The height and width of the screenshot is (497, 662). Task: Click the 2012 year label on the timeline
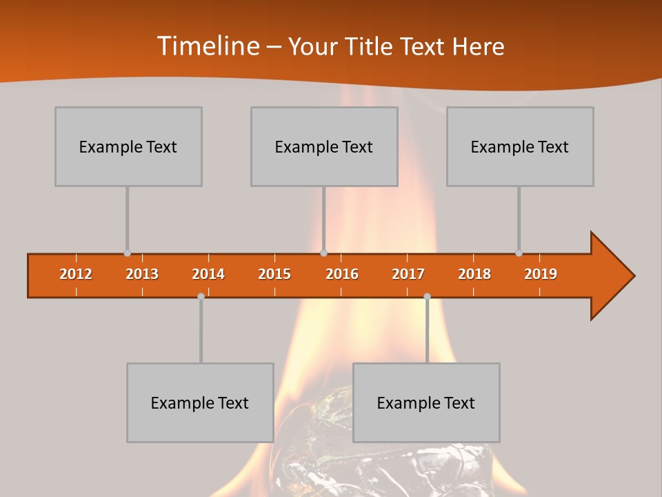click(x=76, y=274)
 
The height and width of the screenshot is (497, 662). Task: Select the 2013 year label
click(x=142, y=274)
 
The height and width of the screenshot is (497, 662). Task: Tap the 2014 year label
click(x=208, y=274)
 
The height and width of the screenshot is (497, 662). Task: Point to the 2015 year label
click(x=274, y=274)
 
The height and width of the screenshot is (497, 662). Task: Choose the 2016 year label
click(x=342, y=274)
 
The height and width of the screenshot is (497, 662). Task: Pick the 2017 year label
click(x=408, y=274)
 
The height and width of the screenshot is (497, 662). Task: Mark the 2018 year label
click(x=474, y=274)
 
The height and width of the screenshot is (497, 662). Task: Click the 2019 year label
click(x=541, y=274)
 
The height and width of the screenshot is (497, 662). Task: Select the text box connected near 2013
click(x=128, y=146)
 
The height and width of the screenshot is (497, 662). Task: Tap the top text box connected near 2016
click(x=324, y=146)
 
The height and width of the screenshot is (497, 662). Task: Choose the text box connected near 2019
click(x=520, y=146)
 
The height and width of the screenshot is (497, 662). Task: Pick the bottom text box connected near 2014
click(x=200, y=402)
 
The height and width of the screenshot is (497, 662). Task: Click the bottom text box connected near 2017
click(x=426, y=402)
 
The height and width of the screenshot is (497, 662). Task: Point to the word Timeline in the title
click(x=208, y=46)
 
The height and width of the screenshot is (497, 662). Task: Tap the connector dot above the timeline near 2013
click(x=127, y=253)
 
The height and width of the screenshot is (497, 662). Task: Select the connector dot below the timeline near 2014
click(x=201, y=296)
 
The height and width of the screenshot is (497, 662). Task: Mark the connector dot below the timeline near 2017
click(x=427, y=296)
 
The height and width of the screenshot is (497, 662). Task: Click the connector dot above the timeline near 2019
click(x=519, y=253)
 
